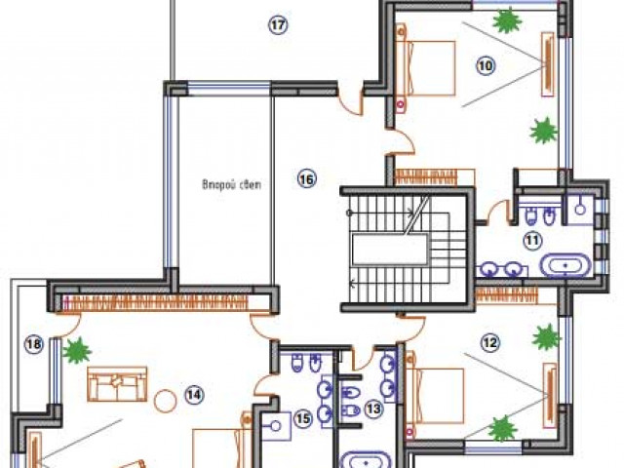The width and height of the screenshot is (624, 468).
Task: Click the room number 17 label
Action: point(278,25)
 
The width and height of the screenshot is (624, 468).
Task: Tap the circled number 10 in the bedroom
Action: point(486,65)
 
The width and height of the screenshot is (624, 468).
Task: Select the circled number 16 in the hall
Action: point(307,179)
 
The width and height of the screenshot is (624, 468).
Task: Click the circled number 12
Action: point(489,342)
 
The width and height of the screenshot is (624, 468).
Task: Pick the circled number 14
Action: point(195,394)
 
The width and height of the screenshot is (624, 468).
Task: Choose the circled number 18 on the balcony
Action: point(34,343)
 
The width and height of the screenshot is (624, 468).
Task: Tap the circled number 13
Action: point(373,409)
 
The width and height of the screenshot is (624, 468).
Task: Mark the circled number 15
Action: point(303,418)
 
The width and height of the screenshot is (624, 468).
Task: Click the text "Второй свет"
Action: point(232,185)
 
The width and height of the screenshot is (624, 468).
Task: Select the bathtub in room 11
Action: point(565,264)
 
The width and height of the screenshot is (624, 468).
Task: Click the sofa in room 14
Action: point(117,384)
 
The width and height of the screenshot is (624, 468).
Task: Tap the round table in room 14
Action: point(165,401)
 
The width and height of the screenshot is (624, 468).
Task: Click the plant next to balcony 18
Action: point(78,350)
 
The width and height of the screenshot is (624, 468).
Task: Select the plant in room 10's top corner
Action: point(507,20)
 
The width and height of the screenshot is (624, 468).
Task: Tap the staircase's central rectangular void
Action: point(390,250)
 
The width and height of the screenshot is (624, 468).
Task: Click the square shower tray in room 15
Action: point(276,426)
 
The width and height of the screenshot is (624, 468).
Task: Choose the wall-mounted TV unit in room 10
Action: point(548,64)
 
